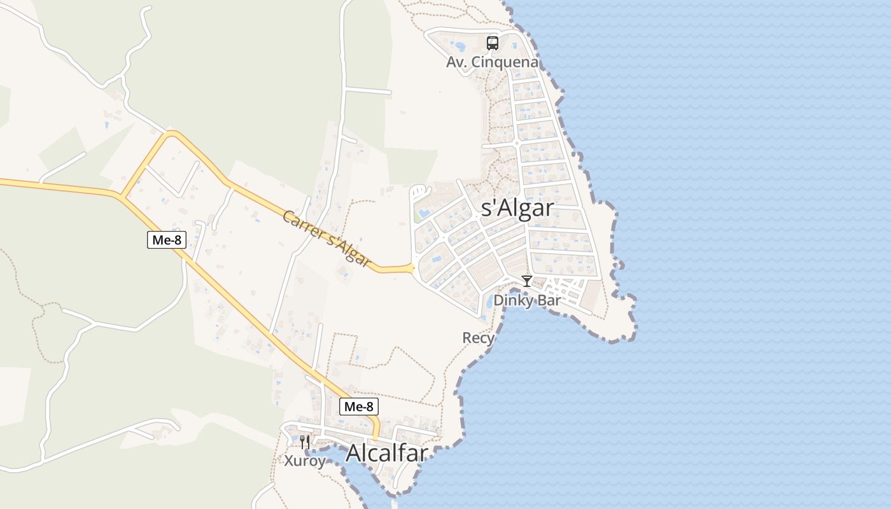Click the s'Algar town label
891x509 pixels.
[x=517, y=208]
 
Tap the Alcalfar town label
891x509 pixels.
[x=386, y=452]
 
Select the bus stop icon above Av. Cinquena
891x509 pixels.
[x=493, y=43]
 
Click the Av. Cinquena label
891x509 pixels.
[x=492, y=62]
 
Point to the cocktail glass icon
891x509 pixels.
[x=527, y=281]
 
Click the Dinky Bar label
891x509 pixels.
[x=527, y=300]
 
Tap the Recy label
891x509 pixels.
[x=478, y=338]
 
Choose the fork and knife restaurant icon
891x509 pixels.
[x=305, y=441]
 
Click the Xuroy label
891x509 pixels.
[x=305, y=460]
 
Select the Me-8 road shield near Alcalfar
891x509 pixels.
[x=359, y=407]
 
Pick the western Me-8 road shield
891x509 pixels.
[x=167, y=239]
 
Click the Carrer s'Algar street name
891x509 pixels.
[x=326, y=239]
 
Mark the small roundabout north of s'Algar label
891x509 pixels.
[x=517, y=143]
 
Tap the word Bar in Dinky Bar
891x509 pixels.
[x=549, y=300]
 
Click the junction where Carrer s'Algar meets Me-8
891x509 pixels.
[x=121, y=195]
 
